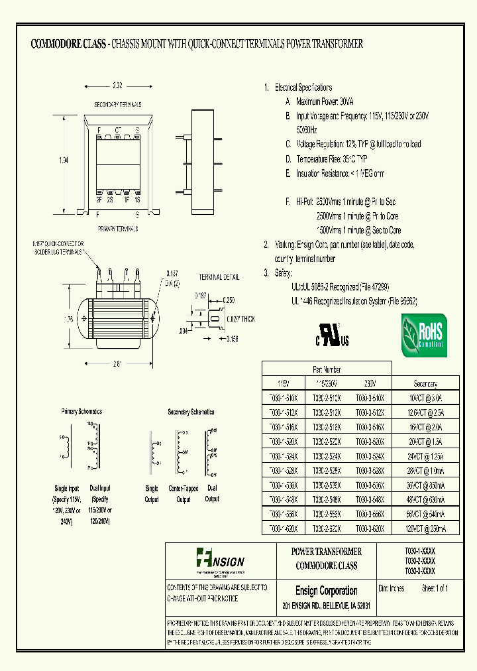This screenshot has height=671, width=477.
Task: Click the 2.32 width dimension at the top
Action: click(x=117, y=86)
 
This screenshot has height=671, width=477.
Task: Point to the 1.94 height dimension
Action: click(x=63, y=158)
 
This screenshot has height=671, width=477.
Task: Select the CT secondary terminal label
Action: click(x=118, y=130)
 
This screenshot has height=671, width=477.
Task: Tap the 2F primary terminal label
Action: click(x=99, y=199)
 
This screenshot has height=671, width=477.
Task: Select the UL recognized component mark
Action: click(x=334, y=335)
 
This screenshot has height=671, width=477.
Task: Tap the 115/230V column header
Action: click(x=325, y=384)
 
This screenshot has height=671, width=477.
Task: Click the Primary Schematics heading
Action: click(x=82, y=411)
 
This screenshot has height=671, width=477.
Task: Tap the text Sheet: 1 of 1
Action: click(x=431, y=588)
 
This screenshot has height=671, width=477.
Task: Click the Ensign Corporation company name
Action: click(x=326, y=591)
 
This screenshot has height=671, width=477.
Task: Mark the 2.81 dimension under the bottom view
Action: click(x=117, y=363)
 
